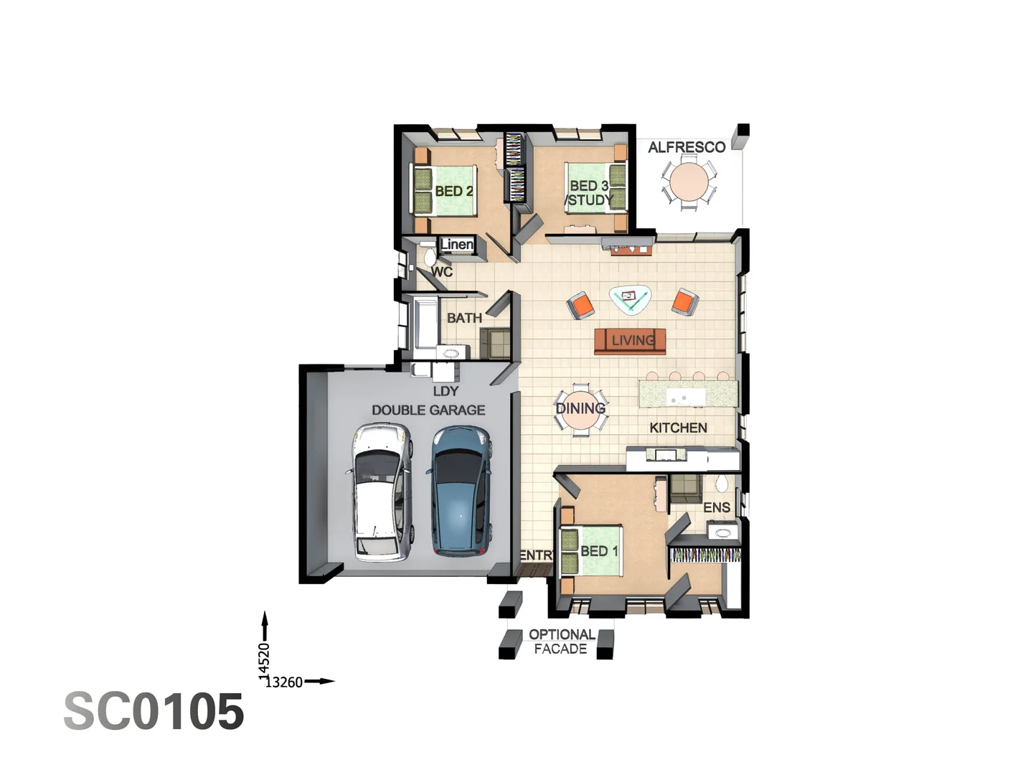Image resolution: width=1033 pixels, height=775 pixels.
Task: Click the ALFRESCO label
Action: click(687, 147)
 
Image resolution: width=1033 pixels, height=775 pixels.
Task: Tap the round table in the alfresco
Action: click(689, 182)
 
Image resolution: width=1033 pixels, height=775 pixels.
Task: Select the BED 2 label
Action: click(454, 191)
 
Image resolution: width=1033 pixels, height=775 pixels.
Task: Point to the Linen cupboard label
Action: click(457, 245)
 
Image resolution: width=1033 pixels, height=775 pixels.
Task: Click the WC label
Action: click(442, 272)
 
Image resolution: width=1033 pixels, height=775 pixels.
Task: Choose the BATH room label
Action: click(464, 318)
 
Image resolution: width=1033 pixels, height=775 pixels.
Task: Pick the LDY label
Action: click(445, 391)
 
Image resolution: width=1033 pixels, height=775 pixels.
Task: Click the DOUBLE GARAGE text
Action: click(428, 410)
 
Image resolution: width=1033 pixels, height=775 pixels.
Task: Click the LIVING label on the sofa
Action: click(633, 340)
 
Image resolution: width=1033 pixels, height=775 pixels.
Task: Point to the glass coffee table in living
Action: click(630, 299)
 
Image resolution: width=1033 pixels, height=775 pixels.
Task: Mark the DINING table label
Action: click(580, 408)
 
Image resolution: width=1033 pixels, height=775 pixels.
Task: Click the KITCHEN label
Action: click(678, 428)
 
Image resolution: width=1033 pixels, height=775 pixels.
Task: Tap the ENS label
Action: click(717, 507)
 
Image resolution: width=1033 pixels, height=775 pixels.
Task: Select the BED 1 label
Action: click(599, 551)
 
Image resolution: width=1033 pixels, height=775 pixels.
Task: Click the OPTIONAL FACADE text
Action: click(561, 642)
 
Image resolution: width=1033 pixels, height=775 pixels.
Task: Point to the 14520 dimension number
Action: click(264, 659)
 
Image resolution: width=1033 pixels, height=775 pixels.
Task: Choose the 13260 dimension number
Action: click(284, 682)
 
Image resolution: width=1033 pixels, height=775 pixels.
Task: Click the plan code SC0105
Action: click(154, 712)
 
